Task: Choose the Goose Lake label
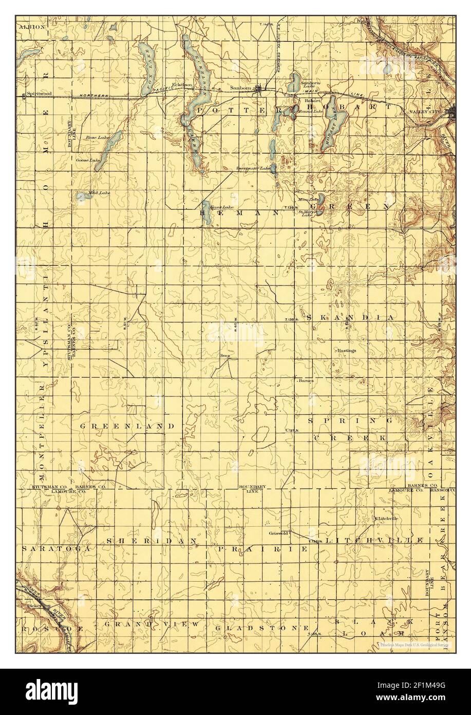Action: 88,160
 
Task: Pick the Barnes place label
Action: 306,381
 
